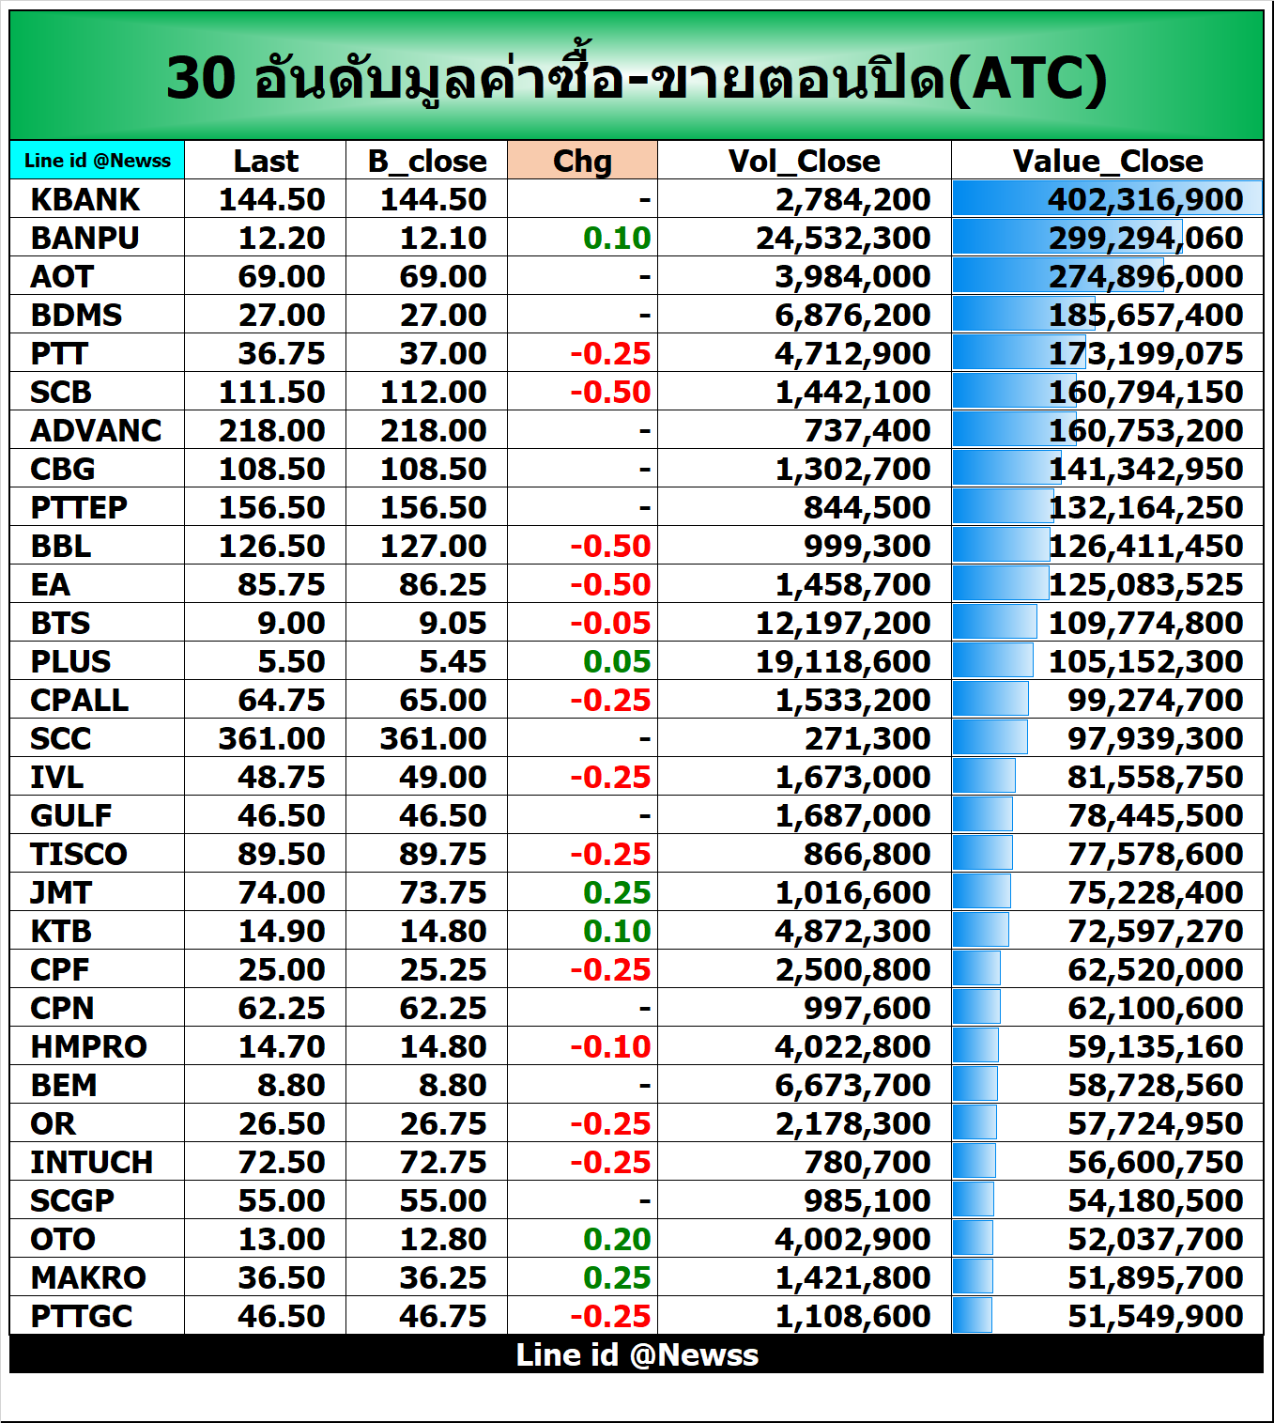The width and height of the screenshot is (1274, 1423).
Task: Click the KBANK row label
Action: pos(84,200)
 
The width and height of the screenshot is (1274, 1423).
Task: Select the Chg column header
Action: pos(582,161)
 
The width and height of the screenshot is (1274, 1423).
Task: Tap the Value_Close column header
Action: pos(1107,161)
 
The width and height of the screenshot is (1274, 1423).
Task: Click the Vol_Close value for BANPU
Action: pos(843,239)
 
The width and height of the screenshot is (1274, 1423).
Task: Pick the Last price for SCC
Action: pos(271,739)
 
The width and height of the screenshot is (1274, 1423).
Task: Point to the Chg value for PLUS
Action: pos(616,662)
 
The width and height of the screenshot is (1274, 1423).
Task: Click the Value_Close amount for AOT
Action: pos(1145,277)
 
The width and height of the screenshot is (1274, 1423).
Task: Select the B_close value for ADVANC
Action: pos(433,431)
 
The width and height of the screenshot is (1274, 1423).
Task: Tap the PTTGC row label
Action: pos(82,1317)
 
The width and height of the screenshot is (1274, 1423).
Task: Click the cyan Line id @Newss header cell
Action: pos(98,161)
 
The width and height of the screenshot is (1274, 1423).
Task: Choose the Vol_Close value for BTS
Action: pos(843,624)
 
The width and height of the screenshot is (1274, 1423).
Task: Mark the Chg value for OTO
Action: pos(616,1240)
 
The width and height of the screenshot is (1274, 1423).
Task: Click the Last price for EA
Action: pos(281,585)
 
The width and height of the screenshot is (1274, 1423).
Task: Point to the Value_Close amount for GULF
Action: pos(1155,816)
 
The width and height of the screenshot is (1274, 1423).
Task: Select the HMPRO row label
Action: pos(88,1047)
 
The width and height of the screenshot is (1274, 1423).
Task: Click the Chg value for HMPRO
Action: pos(610,1047)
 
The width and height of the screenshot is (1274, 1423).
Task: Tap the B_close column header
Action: pos(427,161)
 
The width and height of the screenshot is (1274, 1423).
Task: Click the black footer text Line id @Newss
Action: pos(637,1354)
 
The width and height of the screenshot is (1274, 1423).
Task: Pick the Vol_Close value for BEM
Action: pos(852,1086)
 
